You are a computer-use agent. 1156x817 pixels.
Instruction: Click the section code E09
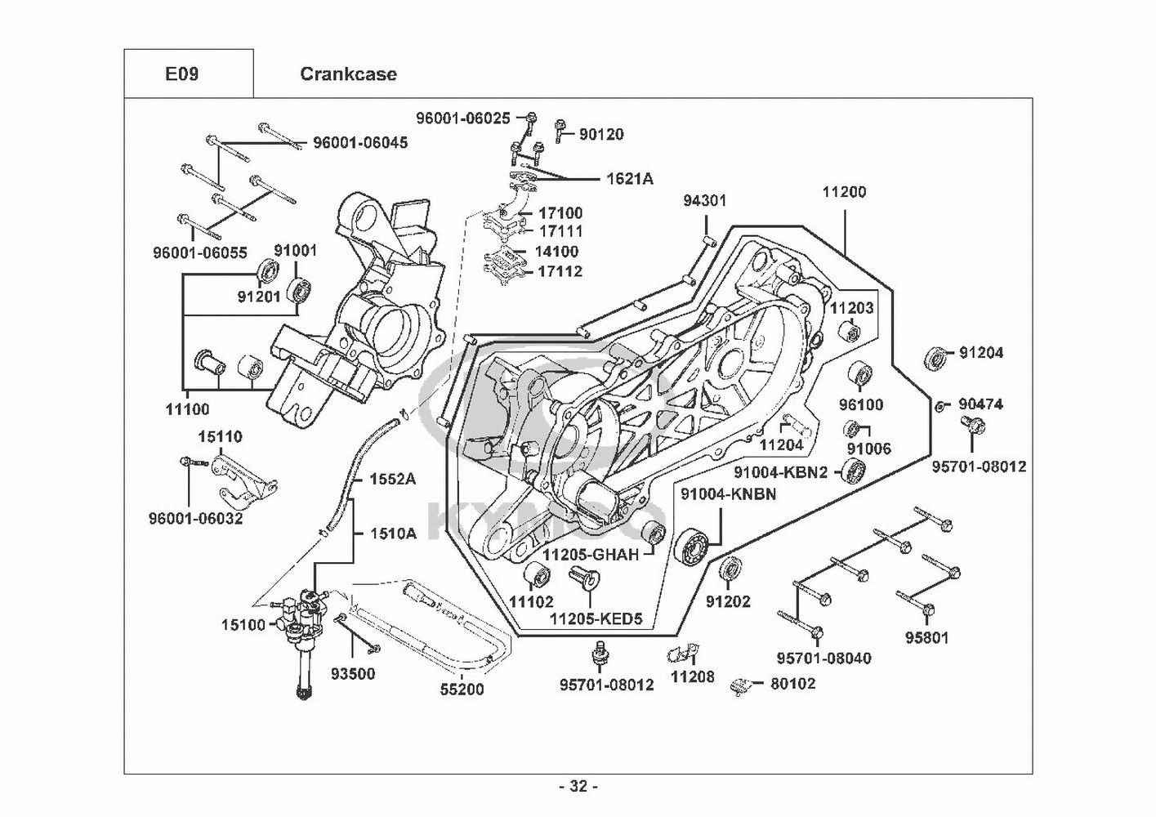pos(181,74)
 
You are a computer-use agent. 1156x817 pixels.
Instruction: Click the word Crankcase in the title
pos(348,74)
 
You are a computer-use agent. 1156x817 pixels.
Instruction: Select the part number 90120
pos(601,134)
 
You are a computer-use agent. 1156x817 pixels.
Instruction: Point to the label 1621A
pos(629,179)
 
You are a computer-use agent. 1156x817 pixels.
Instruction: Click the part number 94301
pos(705,200)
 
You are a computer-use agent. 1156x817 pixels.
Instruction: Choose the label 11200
pos(844,192)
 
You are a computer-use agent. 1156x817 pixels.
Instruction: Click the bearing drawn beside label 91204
pos(937,357)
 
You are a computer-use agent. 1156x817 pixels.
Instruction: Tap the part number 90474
pos(980,404)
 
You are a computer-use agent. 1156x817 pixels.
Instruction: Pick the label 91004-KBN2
pos(781,472)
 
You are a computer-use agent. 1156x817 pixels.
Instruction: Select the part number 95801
pos(926,637)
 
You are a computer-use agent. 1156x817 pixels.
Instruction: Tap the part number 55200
pos(462,690)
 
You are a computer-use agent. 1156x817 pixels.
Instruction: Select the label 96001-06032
pos(196,518)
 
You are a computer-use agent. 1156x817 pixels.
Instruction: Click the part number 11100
pos(187,408)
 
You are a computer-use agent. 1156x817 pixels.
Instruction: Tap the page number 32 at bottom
pos(578,787)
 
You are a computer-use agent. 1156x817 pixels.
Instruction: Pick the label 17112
pos(560,271)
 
